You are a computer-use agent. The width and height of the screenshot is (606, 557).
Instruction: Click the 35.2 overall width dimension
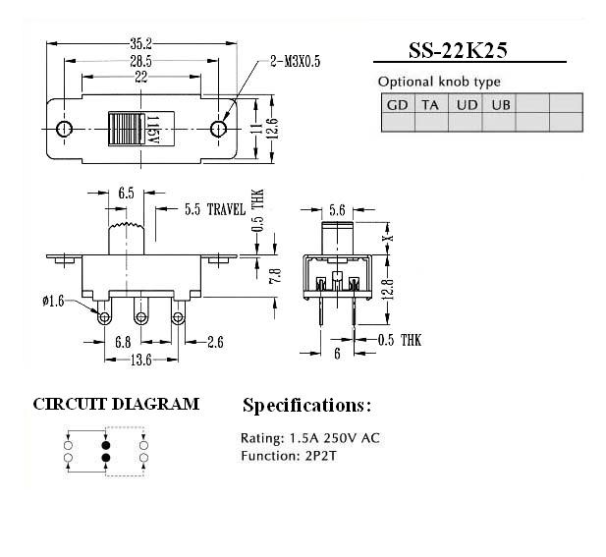tap(141, 43)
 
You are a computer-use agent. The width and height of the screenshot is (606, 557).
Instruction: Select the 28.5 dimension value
tap(141, 61)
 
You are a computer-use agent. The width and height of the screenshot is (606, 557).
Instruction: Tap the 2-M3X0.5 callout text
tap(296, 62)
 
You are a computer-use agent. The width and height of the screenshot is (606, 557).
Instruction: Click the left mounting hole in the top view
tap(64, 129)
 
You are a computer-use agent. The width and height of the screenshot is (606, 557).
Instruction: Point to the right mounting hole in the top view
tap(218, 129)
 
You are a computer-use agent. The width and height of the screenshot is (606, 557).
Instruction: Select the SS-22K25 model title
tap(458, 50)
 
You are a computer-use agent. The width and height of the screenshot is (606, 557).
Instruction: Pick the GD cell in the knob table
tap(398, 105)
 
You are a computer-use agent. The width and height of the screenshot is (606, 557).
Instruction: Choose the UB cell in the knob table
tap(501, 105)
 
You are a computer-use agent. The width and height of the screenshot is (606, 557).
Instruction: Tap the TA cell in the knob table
tap(430, 105)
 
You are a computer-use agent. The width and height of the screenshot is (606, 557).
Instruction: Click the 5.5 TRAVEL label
tap(215, 209)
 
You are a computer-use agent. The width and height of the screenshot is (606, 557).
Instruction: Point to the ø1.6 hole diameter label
tap(53, 301)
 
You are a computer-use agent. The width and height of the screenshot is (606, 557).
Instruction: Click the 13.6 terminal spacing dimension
tap(141, 360)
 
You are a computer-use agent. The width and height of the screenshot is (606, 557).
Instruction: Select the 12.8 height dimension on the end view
tap(390, 289)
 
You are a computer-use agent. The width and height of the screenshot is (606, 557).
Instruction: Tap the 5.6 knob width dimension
tap(337, 210)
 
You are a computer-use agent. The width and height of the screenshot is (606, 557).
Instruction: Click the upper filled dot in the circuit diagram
tap(105, 445)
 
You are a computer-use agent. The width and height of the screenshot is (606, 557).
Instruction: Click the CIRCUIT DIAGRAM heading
tap(116, 404)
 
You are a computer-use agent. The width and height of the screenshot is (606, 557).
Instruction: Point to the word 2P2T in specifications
tap(321, 456)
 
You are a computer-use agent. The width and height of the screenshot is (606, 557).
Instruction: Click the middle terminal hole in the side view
tap(141, 317)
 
